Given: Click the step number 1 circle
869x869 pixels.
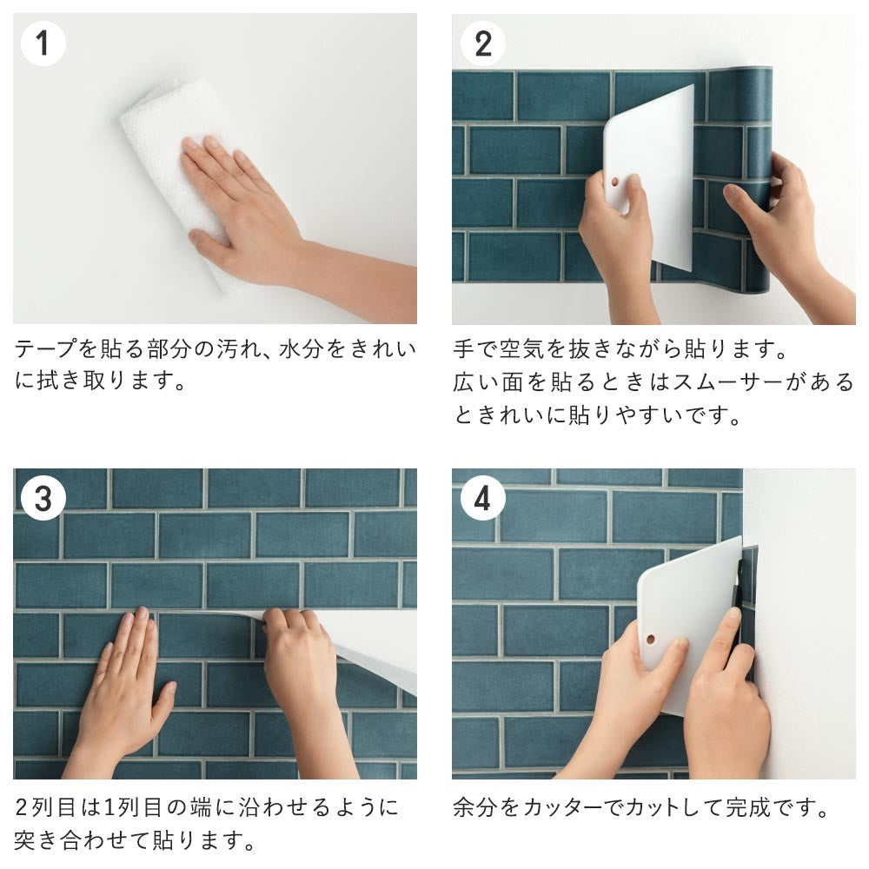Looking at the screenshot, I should pyautogui.click(x=43, y=43).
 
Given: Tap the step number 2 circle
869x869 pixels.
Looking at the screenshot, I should pyautogui.click(x=482, y=43).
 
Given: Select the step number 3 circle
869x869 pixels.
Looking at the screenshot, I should pyautogui.click(x=43, y=499).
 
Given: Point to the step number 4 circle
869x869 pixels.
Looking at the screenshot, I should pyautogui.click(x=482, y=499).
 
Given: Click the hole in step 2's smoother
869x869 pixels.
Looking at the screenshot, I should pyautogui.click(x=615, y=184).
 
